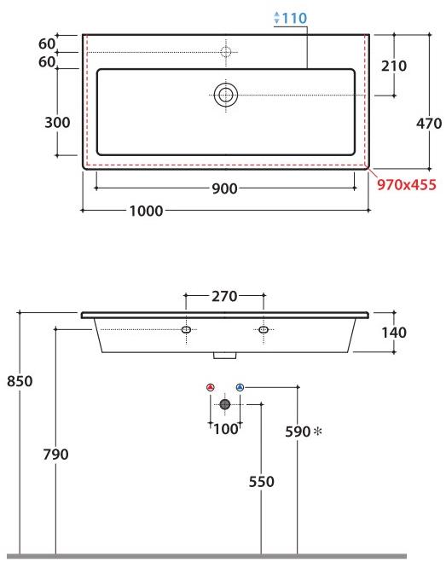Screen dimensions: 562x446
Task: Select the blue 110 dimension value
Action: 292,17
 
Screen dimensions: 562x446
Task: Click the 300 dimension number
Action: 56,122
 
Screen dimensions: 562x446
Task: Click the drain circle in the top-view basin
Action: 226,94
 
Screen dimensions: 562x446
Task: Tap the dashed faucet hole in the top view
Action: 226,52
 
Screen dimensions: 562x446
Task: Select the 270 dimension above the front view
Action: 224,297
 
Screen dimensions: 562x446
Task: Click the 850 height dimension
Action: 18,381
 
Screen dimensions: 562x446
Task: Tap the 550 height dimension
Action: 261,482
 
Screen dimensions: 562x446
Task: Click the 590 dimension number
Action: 298,432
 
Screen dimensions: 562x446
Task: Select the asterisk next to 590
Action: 319,432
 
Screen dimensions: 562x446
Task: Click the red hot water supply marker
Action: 211,388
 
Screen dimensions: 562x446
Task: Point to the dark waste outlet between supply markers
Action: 225,404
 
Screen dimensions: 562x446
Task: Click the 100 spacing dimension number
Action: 225,429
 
